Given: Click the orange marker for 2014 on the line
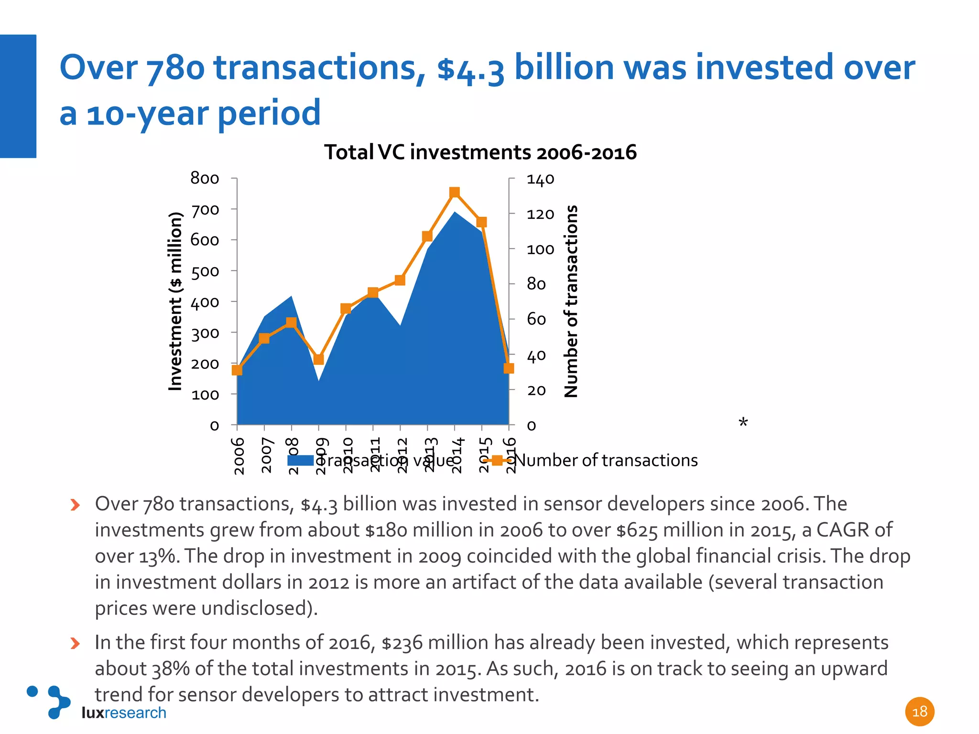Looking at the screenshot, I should pos(455,193).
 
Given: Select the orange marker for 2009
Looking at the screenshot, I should pos(319,359).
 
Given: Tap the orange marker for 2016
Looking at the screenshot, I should pos(509,368).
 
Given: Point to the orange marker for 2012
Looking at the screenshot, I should pos(400,280).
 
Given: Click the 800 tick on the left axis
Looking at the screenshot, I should pos(205,178).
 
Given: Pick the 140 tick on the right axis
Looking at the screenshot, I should pos(540,179).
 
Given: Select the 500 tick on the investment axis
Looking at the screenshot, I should pos(205,271).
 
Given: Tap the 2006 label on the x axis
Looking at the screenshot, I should pos(239,455).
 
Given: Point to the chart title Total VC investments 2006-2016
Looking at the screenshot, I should pos(480,152).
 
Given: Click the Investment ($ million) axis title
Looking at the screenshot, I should pos(175,301).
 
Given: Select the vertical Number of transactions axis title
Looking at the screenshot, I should pos(571,301).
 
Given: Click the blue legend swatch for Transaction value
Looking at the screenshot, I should pos(300,461).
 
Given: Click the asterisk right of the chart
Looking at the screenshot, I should pos(743,422).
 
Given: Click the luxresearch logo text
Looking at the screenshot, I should pos(124,712).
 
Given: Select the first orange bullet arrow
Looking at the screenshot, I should pos(75,505).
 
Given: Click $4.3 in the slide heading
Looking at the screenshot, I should pos(471,68).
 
